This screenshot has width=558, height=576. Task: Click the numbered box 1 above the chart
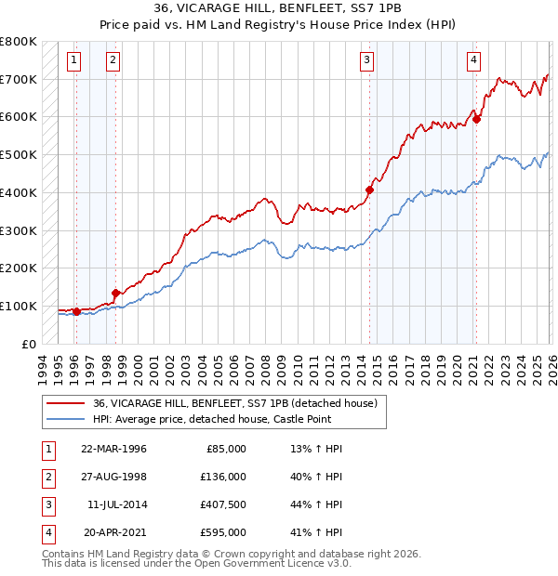tap(73, 60)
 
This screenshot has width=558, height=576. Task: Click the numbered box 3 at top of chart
tap(367, 60)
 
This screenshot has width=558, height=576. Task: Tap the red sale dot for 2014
tap(369, 190)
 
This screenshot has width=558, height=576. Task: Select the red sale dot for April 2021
tap(476, 119)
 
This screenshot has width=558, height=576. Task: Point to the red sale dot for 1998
tap(115, 293)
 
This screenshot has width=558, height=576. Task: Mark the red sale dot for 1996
tap(76, 312)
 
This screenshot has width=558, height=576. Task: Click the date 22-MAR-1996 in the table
tap(113, 449)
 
